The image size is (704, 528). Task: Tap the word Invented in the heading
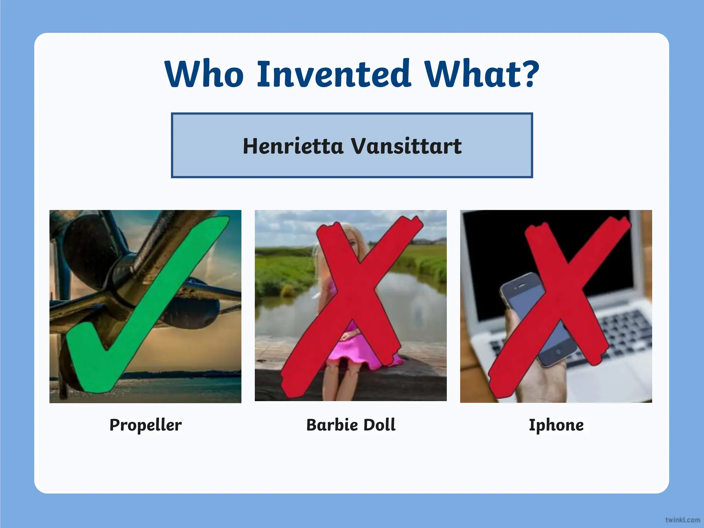tap(333, 74)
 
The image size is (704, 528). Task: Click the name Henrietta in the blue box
tap(293, 146)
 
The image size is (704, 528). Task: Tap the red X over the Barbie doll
tap(354, 302)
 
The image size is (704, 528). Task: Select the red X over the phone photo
tap(559, 302)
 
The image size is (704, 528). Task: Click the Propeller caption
tap(145, 425)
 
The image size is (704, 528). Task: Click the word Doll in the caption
tap(379, 425)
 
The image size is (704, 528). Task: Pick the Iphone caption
tap(556, 425)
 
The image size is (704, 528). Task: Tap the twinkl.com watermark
tap(682, 520)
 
